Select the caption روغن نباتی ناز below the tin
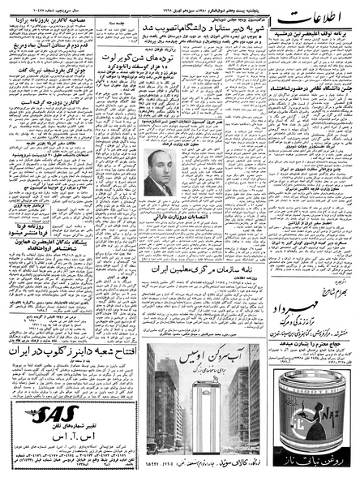312,468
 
